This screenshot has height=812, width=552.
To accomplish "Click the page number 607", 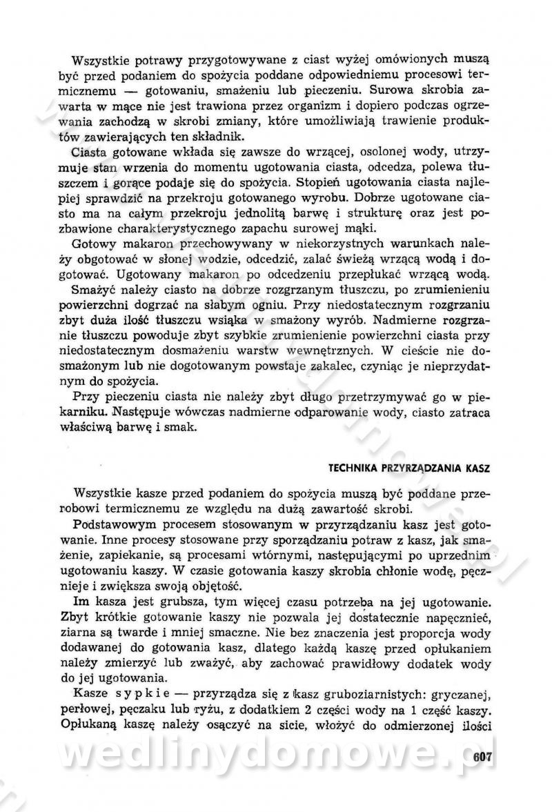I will (482, 756).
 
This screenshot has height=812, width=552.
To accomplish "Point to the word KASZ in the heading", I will (477, 468).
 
